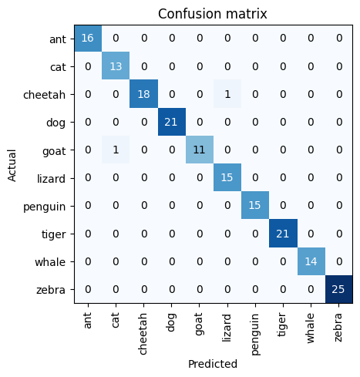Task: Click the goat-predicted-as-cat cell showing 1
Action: tap(114, 150)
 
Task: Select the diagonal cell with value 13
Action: tap(114, 66)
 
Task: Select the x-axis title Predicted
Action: tap(211, 363)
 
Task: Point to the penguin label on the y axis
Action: tap(48, 205)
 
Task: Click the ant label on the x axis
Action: tap(86, 318)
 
